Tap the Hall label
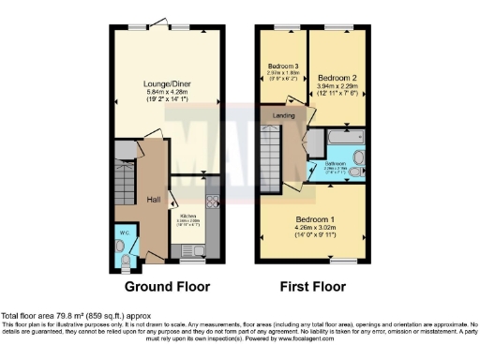point(152,200)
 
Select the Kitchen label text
point(188,216)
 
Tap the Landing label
point(283,115)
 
